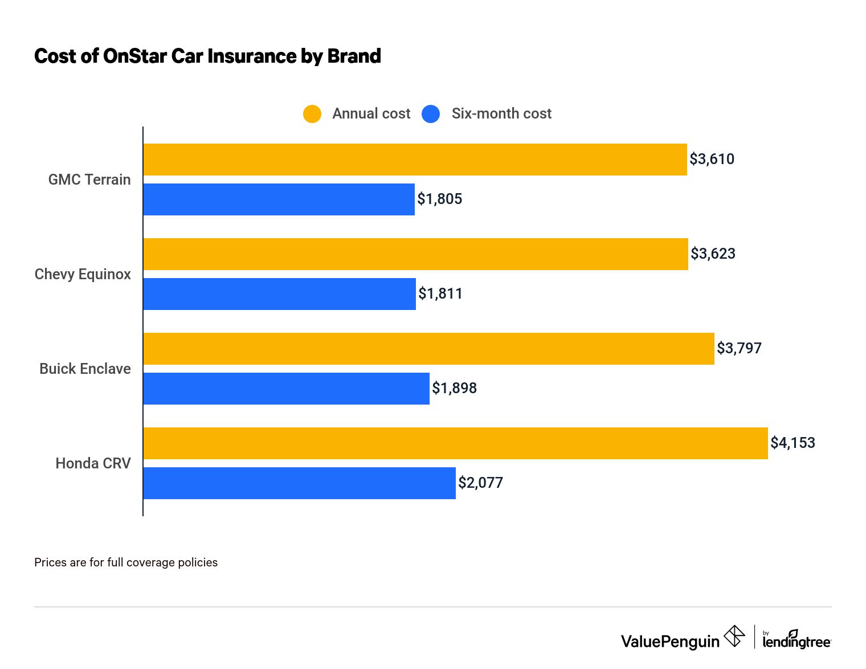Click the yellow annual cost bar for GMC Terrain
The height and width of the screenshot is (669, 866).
tap(415, 160)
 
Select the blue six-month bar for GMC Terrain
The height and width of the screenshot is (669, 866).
tap(279, 199)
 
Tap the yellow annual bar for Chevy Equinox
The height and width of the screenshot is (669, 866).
tap(415, 254)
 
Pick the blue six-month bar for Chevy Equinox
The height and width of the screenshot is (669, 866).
tap(279, 294)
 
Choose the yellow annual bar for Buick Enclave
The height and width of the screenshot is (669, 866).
tap(428, 349)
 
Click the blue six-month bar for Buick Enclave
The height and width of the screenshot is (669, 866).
tap(286, 389)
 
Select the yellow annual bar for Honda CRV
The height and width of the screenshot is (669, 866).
tap(455, 443)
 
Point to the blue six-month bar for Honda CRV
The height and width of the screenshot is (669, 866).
tap(299, 483)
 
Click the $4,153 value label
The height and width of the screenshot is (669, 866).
tap(793, 443)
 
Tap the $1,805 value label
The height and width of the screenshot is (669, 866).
tap(439, 199)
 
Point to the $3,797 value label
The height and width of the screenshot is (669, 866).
tap(739, 348)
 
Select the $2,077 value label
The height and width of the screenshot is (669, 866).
tap(480, 483)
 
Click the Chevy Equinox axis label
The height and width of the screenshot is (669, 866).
tap(83, 274)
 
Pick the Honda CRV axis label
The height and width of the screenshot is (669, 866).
tap(93, 463)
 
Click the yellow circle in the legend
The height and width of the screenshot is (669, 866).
tap(312, 114)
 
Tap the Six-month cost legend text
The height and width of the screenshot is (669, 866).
tap(501, 114)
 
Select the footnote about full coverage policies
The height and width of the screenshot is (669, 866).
tap(126, 562)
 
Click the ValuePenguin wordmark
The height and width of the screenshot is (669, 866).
tap(670, 642)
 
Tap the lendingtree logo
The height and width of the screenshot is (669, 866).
tap(796, 641)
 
